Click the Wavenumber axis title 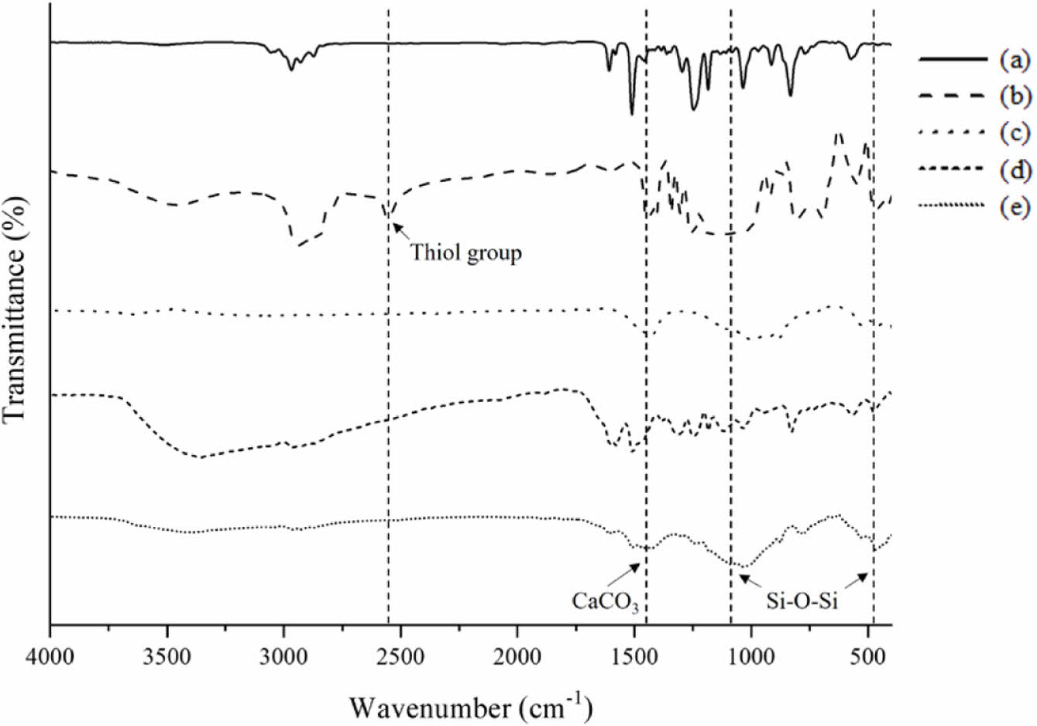[x=470, y=706]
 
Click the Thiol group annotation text [x=466, y=253]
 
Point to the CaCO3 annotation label [x=605, y=601]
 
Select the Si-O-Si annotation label [x=802, y=601]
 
